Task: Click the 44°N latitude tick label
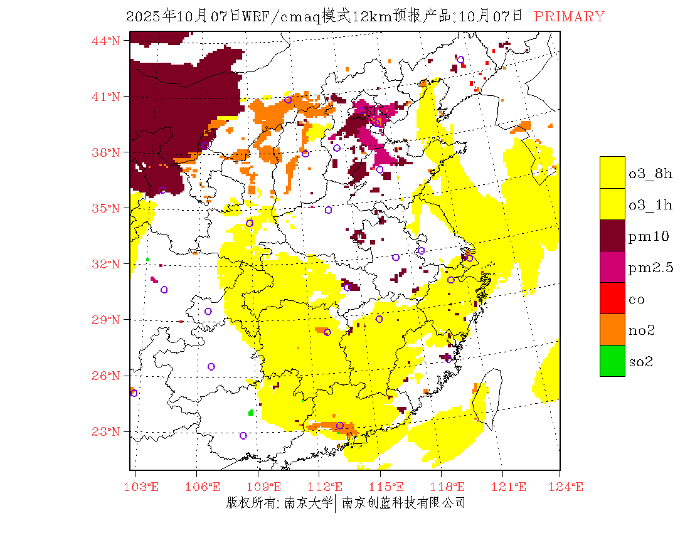(x=105, y=41)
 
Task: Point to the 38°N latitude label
(x=105, y=152)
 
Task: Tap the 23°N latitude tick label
(x=105, y=431)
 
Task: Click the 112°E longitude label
(x=329, y=487)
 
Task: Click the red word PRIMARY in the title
(x=569, y=17)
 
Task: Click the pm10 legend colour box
(x=612, y=235)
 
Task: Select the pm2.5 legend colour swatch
(x=612, y=266)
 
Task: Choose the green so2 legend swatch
(x=612, y=361)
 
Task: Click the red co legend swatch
(x=612, y=298)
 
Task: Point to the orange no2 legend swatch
(x=612, y=329)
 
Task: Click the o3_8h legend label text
(x=650, y=174)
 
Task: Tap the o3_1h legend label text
(x=650, y=205)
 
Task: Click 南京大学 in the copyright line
(x=307, y=503)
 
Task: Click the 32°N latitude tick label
(x=105, y=264)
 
